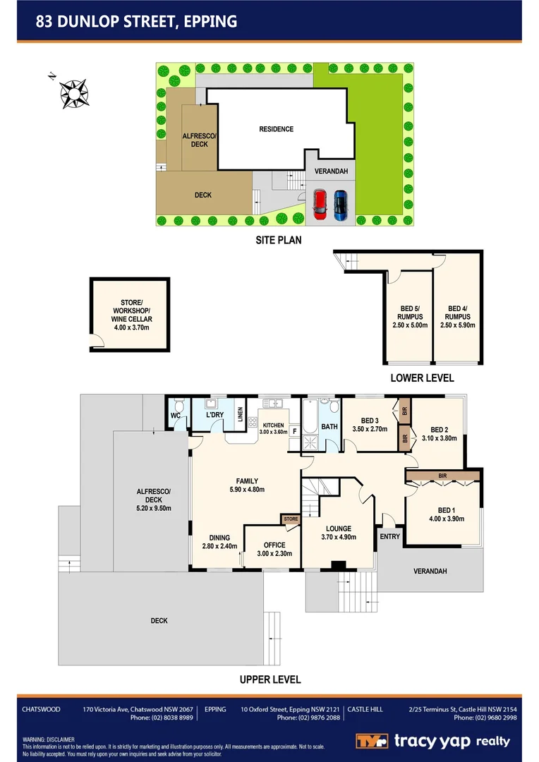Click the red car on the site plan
point(320,203)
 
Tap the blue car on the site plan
point(341,203)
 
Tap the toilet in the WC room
point(178,408)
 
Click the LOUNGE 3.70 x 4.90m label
point(338,533)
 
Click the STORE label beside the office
point(291,519)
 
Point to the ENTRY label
point(389,537)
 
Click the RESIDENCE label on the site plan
point(276,129)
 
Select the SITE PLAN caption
point(278,240)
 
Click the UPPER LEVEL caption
point(269,679)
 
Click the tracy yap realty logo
point(432,741)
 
